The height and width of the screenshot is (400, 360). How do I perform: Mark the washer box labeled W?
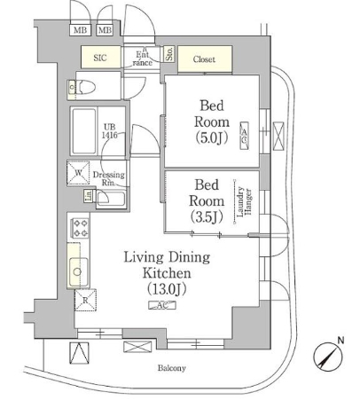tap(79, 172)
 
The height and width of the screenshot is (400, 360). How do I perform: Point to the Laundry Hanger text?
tap(240, 202)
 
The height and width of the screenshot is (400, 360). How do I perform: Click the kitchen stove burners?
tap(77, 234)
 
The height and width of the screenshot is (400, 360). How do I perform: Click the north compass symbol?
tap(327, 356)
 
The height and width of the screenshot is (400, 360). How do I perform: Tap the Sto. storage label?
tap(168, 59)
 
